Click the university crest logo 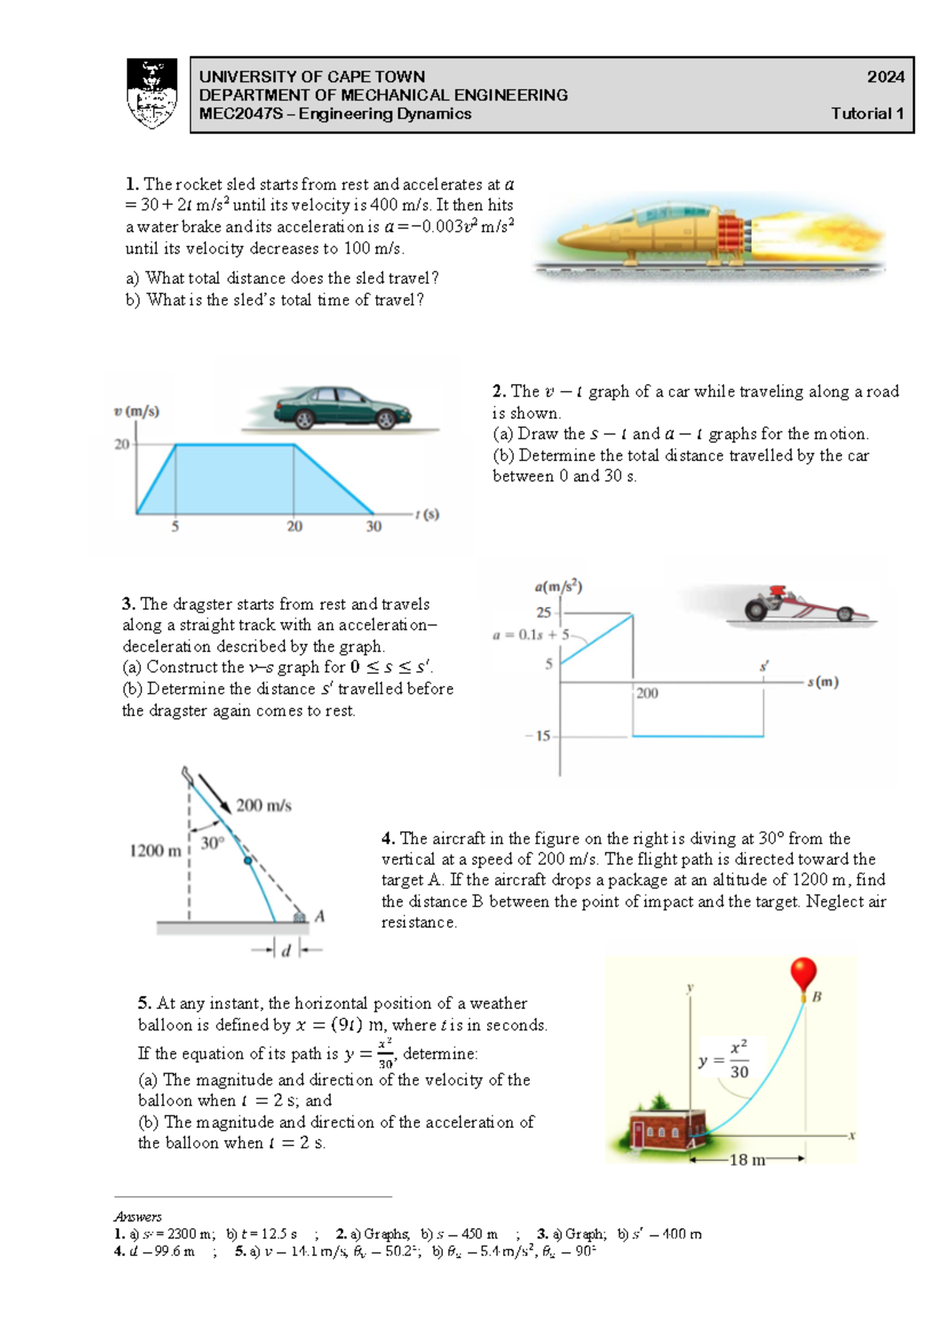pyautogui.click(x=151, y=94)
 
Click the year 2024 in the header pyautogui.click(x=885, y=76)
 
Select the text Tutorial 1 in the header pyautogui.click(x=867, y=114)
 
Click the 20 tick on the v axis pyautogui.click(x=121, y=445)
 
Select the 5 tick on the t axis pyautogui.click(x=175, y=527)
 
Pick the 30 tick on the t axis pyautogui.click(x=374, y=527)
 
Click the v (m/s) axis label pyautogui.click(x=136, y=412)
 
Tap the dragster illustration pyautogui.click(x=804, y=605)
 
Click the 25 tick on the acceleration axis pyautogui.click(x=543, y=613)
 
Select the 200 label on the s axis pyautogui.click(x=646, y=693)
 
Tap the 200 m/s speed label pyautogui.click(x=263, y=806)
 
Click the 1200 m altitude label pyautogui.click(x=155, y=851)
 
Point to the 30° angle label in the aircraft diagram pyautogui.click(x=212, y=843)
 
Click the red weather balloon pyautogui.click(x=803, y=973)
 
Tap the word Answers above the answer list pyautogui.click(x=137, y=1216)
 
